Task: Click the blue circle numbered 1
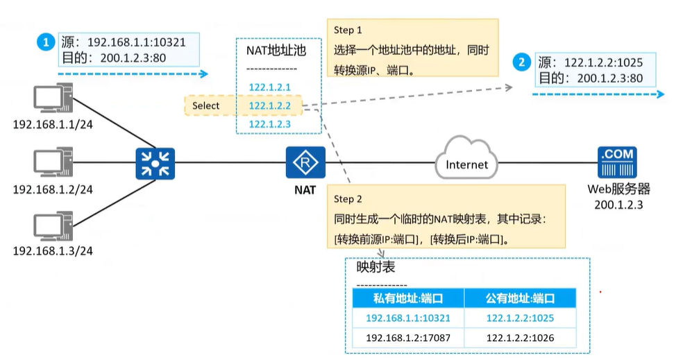47,42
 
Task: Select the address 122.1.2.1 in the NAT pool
269,87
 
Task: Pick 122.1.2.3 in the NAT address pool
269,123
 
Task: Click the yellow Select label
206,105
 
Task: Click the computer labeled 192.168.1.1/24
53,100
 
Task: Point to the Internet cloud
466,164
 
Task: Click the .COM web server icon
617,164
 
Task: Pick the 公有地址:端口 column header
521,298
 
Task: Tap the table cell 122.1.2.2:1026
521,338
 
